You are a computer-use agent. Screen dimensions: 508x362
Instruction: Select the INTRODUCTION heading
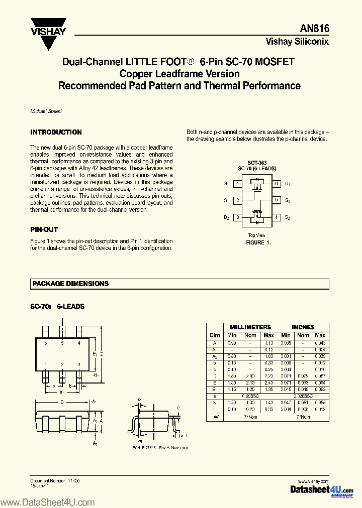(x=56, y=132)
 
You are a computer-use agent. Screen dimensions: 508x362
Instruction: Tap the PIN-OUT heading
(x=44, y=229)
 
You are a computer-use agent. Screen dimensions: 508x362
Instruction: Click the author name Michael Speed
(x=46, y=111)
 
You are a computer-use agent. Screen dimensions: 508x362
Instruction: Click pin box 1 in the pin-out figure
(x=237, y=184)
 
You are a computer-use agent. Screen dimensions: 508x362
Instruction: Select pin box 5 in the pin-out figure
(x=276, y=200)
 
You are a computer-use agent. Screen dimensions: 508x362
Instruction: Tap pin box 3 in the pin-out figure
(x=237, y=217)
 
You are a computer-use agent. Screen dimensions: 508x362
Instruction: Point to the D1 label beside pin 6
(x=288, y=184)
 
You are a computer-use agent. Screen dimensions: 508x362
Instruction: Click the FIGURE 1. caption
(x=258, y=242)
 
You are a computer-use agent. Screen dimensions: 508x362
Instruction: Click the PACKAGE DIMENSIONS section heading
(x=70, y=284)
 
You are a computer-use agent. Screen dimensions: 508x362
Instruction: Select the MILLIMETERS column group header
(x=250, y=327)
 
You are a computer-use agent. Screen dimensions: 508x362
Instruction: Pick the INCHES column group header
(x=303, y=327)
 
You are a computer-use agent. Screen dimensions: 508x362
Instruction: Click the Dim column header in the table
(x=215, y=335)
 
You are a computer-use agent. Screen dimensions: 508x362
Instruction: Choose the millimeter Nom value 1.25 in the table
(x=250, y=389)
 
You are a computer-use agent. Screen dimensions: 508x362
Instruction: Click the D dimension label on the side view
(x=61, y=402)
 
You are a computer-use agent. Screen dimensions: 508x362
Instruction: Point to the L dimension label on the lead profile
(x=187, y=435)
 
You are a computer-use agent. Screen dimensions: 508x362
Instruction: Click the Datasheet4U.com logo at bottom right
(x=322, y=489)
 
